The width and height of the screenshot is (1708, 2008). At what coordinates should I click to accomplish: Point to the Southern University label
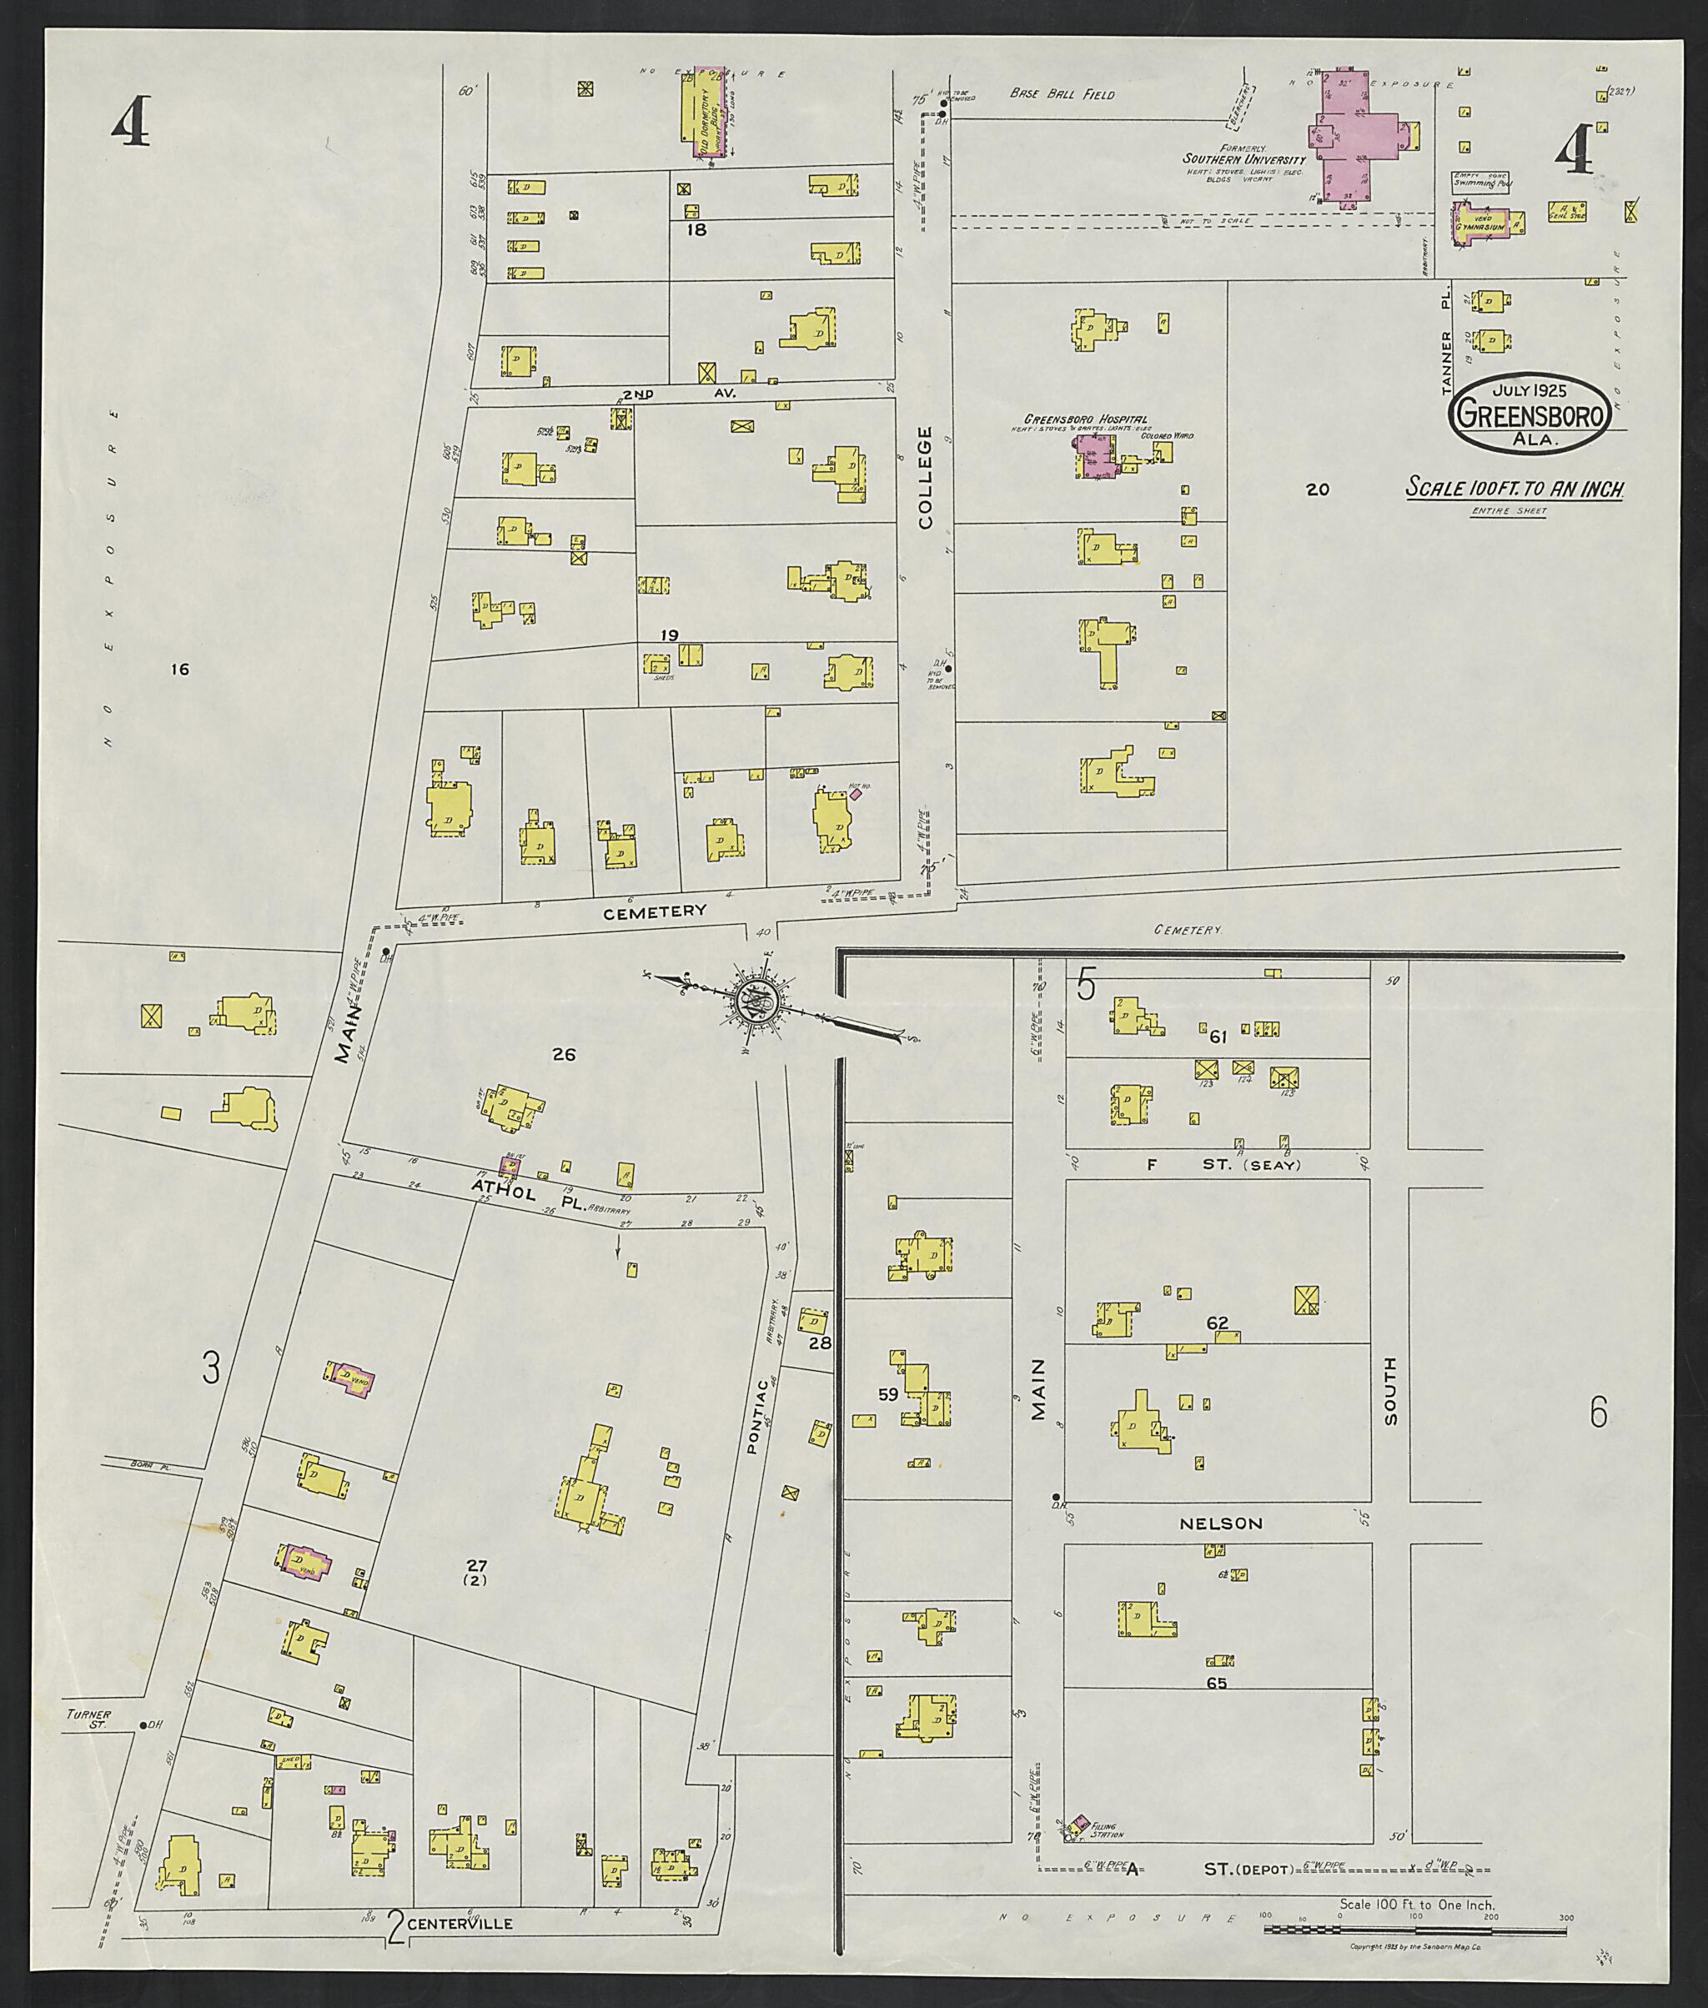point(1243,158)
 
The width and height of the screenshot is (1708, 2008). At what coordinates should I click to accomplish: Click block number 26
point(564,1054)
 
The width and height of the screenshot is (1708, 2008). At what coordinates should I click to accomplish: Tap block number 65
point(1216,1684)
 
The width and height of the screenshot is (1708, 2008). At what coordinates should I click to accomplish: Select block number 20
point(1318,489)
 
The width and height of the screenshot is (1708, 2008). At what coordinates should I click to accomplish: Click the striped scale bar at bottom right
point(1414,1904)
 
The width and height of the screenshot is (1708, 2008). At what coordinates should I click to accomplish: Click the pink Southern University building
point(1351,136)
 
